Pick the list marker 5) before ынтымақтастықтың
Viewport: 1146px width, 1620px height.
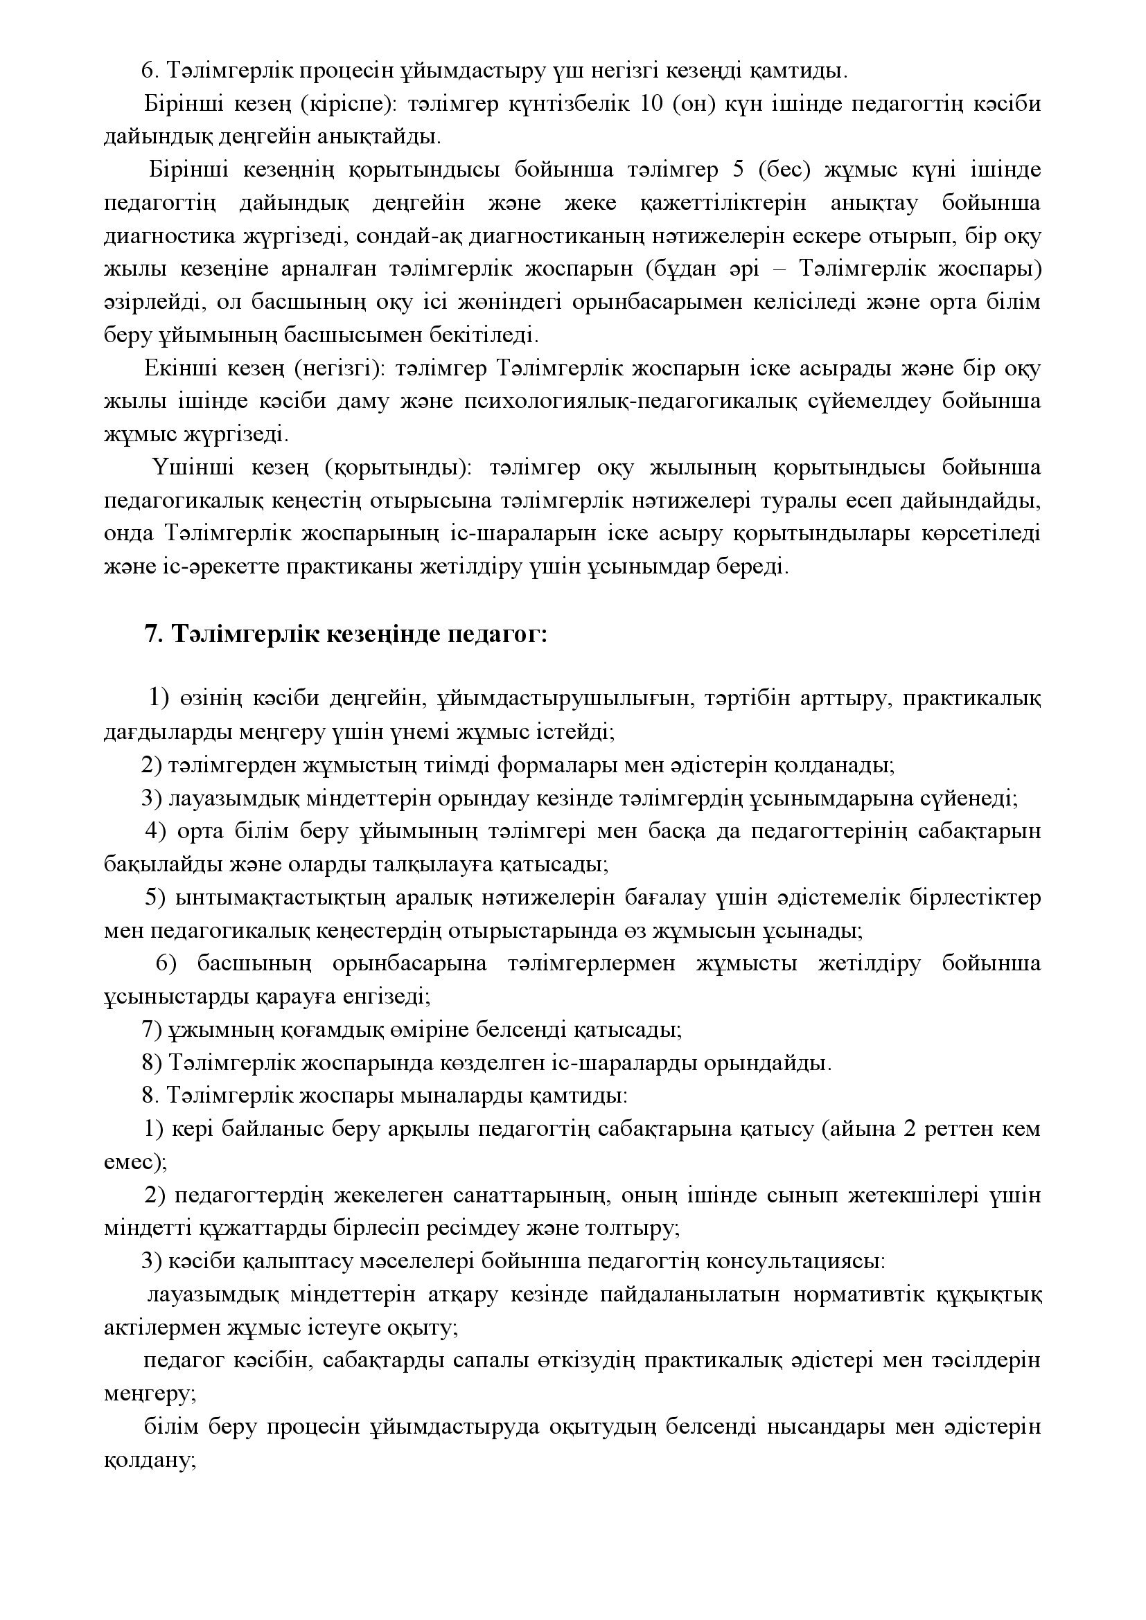(155, 898)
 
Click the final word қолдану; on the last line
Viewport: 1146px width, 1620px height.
(149, 1460)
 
